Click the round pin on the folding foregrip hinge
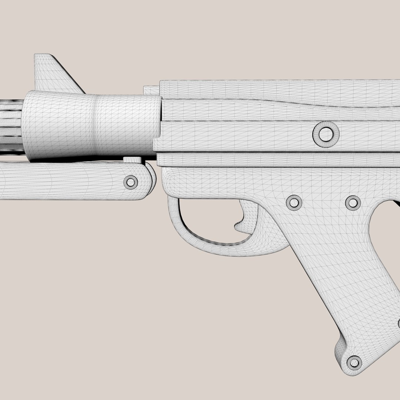[x=130, y=182]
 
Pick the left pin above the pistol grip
[x=294, y=202]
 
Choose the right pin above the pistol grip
[x=353, y=202]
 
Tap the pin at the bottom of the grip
[x=354, y=362]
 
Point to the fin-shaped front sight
[x=52, y=74]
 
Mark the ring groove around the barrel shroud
[x=97, y=124]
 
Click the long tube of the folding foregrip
[x=56, y=181]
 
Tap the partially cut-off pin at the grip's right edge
[x=398, y=324]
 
